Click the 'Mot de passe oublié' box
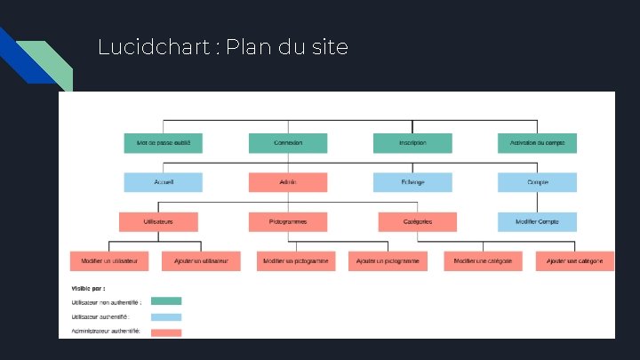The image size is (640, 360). click(164, 142)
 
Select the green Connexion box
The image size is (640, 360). click(288, 142)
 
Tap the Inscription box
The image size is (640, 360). click(412, 142)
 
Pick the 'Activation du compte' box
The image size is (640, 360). click(537, 142)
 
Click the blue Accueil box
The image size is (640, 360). click(164, 182)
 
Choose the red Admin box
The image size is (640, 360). click(288, 182)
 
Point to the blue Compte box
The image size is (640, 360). click(537, 182)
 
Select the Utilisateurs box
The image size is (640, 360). click(158, 221)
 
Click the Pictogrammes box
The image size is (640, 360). click(288, 221)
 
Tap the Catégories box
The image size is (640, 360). click(417, 221)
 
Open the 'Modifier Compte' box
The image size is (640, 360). click(537, 221)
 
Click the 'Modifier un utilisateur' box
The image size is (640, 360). click(108, 260)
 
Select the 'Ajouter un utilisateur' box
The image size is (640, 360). click(201, 260)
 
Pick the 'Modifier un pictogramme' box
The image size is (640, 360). click(297, 260)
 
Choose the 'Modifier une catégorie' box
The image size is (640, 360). click(483, 260)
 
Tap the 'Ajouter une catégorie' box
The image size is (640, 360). click(575, 260)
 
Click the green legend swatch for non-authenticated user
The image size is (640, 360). click(166, 301)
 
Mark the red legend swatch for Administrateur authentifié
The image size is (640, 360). click(166, 332)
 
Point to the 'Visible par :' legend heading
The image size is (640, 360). click(88, 288)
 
